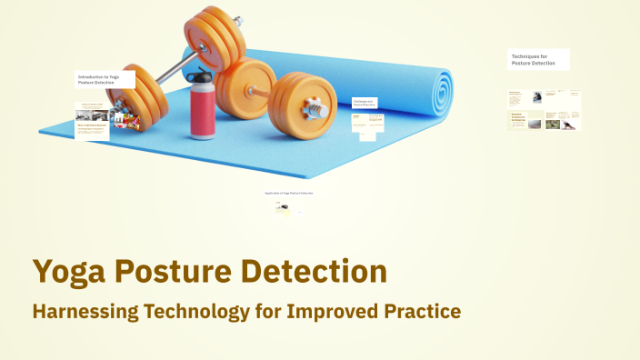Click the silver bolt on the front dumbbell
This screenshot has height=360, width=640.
[318, 109]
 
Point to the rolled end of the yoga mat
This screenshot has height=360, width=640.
[440, 89]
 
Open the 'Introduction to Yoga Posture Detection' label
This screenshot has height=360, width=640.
[105, 80]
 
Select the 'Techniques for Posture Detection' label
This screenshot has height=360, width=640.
[538, 59]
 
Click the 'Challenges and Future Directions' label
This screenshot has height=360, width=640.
[365, 103]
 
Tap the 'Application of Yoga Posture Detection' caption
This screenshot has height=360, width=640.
[289, 193]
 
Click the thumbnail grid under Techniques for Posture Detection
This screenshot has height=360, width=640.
[544, 110]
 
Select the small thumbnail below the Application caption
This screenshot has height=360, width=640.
[283, 208]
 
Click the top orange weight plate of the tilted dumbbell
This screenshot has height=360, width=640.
[215, 32]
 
